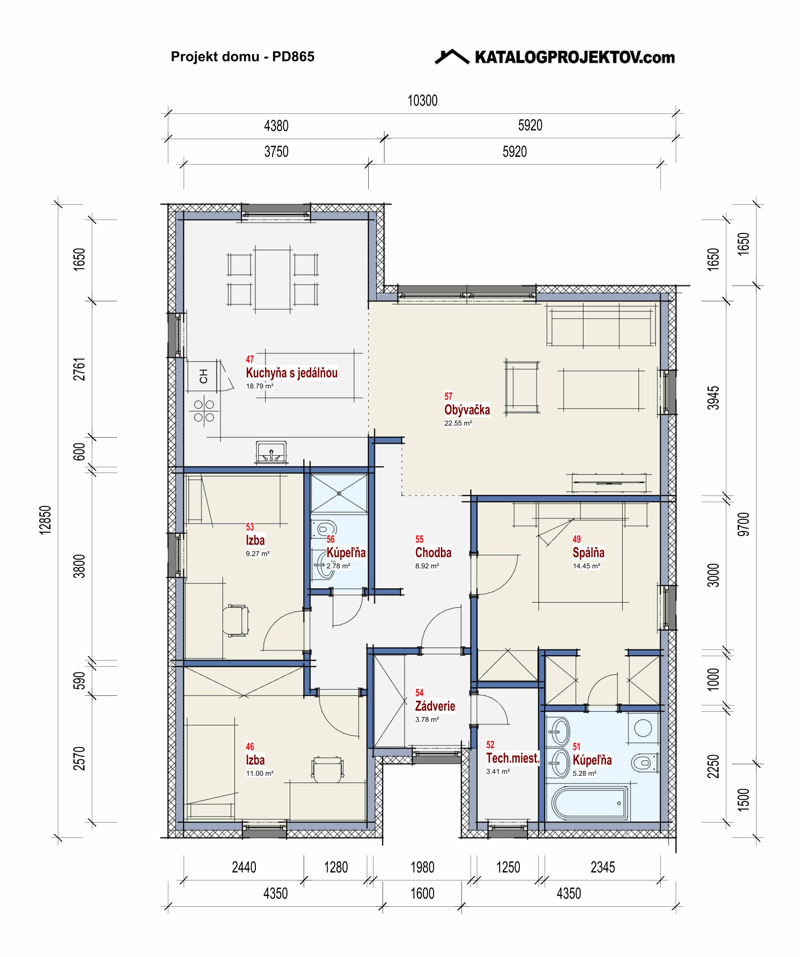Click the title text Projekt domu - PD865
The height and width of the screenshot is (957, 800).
tap(242, 57)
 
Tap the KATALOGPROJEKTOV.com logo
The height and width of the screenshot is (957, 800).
tap(555, 57)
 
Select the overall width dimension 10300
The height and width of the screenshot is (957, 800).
tap(422, 100)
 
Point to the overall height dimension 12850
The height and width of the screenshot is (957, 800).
tap(45, 520)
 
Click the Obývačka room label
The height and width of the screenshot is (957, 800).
tap(467, 410)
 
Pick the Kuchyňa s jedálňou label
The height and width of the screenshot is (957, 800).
tap(292, 373)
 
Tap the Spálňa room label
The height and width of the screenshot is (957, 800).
tap(588, 552)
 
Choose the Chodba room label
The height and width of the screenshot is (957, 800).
tap(433, 552)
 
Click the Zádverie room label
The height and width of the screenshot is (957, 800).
tap(435, 706)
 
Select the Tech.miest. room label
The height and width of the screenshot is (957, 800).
tap(513, 758)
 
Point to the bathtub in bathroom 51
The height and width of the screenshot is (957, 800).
tap(590, 803)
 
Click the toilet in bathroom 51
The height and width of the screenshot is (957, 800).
tap(644, 763)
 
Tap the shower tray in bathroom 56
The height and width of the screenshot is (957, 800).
tap(339, 494)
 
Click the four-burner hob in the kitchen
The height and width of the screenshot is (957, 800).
tap(204, 411)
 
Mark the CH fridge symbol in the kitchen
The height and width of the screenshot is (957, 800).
tap(204, 376)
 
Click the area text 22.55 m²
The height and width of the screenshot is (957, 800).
tap(458, 423)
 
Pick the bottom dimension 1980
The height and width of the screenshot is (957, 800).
tap(422, 867)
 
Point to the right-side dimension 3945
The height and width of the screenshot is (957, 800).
tap(713, 398)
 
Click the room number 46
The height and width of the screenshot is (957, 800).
tap(250, 747)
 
